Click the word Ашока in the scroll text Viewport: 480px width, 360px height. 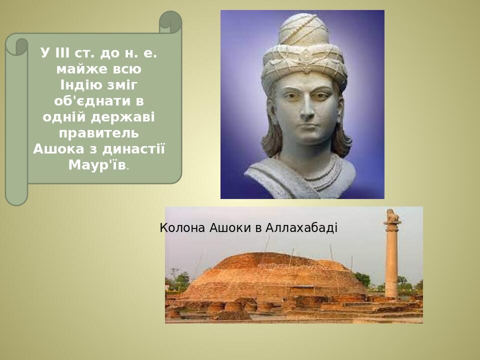(x=58, y=149)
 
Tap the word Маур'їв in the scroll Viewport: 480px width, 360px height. (x=97, y=165)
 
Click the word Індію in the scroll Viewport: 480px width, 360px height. (x=77, y=85)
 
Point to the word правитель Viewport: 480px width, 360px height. (x=98, y=133)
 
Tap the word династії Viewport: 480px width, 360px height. (x=134, y=149)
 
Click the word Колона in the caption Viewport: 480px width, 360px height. (x=182, y=228)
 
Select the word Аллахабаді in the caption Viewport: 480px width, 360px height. (x=301, y=228)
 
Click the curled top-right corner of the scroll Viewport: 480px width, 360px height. (x=170, y=22)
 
